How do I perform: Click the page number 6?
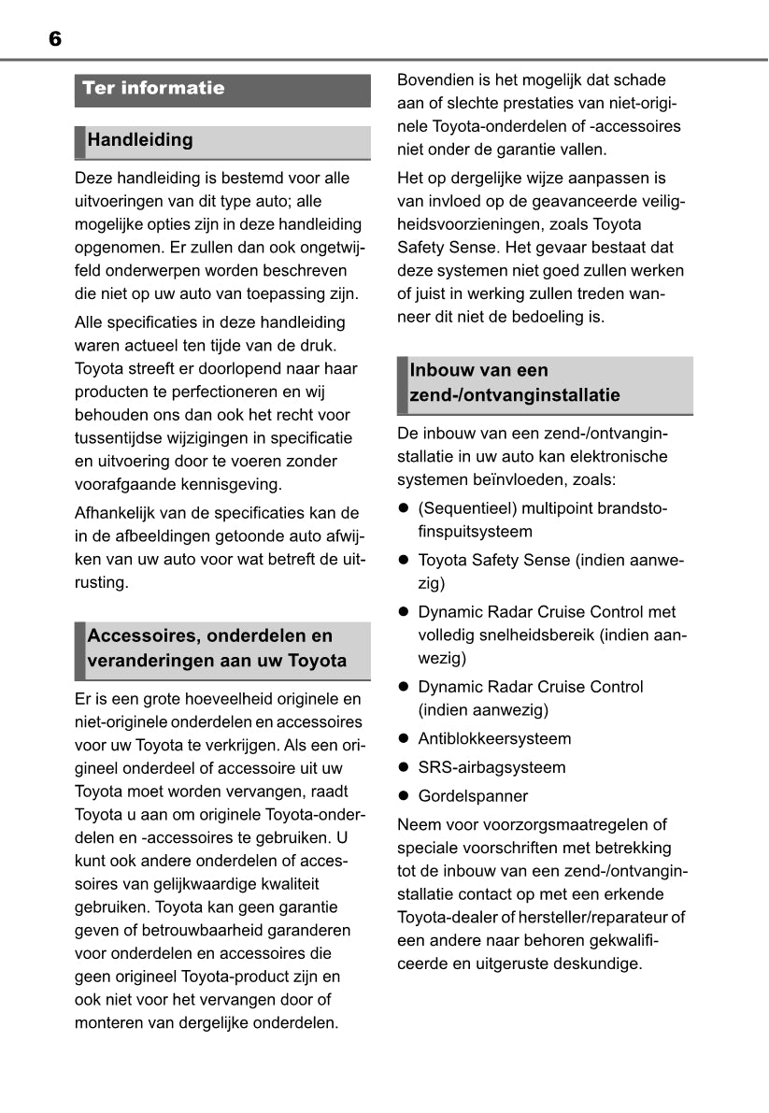point(54,38)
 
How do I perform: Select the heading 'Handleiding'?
point(140,140)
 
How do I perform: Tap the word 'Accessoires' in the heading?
point(140,636)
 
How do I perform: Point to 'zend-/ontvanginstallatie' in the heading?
point(515,395)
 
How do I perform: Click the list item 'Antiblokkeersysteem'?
point(494,738)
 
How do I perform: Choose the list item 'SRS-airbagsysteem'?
point(491,767)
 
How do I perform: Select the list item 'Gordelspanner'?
point(473,796)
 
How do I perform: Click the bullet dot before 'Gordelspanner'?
point(405,796)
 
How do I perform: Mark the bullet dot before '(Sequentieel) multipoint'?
point(405,508)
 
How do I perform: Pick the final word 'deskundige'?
point(599,963)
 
